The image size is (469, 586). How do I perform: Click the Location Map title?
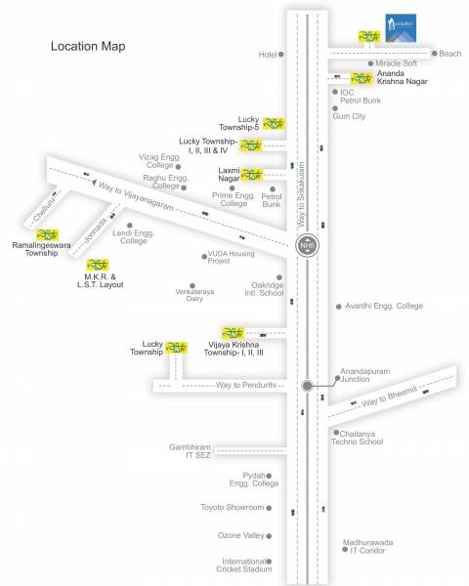pyautogui.click(x=87, y=46)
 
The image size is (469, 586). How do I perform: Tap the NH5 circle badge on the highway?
pyautogui.click(x=308, y=244)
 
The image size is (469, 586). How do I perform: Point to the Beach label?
pyautogui.click(x=450, y=54)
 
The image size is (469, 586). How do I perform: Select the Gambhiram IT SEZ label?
pyautogui.click(x=189, y=450)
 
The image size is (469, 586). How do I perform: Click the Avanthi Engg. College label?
pyautogui.click(x=384, y=306)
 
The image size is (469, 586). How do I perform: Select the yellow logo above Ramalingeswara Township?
pyautogui.click(x=47, y=233)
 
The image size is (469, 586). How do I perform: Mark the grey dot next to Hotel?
pyautogui.click(x=282, y=55)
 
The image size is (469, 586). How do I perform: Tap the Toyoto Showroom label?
pyautogui.click(x=233, y=508)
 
